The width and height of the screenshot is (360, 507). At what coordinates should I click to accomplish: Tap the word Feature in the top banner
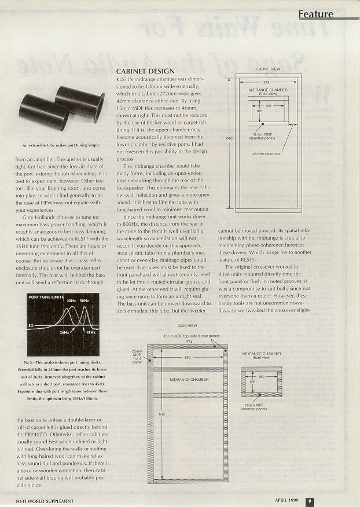[x=316, y=14]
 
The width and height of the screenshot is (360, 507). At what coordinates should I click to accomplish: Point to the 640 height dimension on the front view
[x=230, y=138]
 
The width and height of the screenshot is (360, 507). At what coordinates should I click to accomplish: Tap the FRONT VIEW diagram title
[x=268, y=69]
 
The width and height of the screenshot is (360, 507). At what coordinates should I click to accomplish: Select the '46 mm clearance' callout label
[x=266, y=154]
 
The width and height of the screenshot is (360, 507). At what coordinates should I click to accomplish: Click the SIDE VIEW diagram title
[x=188, y=326]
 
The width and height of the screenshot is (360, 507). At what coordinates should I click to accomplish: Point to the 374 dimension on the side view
[x=189, y=341]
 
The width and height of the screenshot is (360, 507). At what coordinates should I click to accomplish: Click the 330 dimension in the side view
[x=187, y=358]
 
